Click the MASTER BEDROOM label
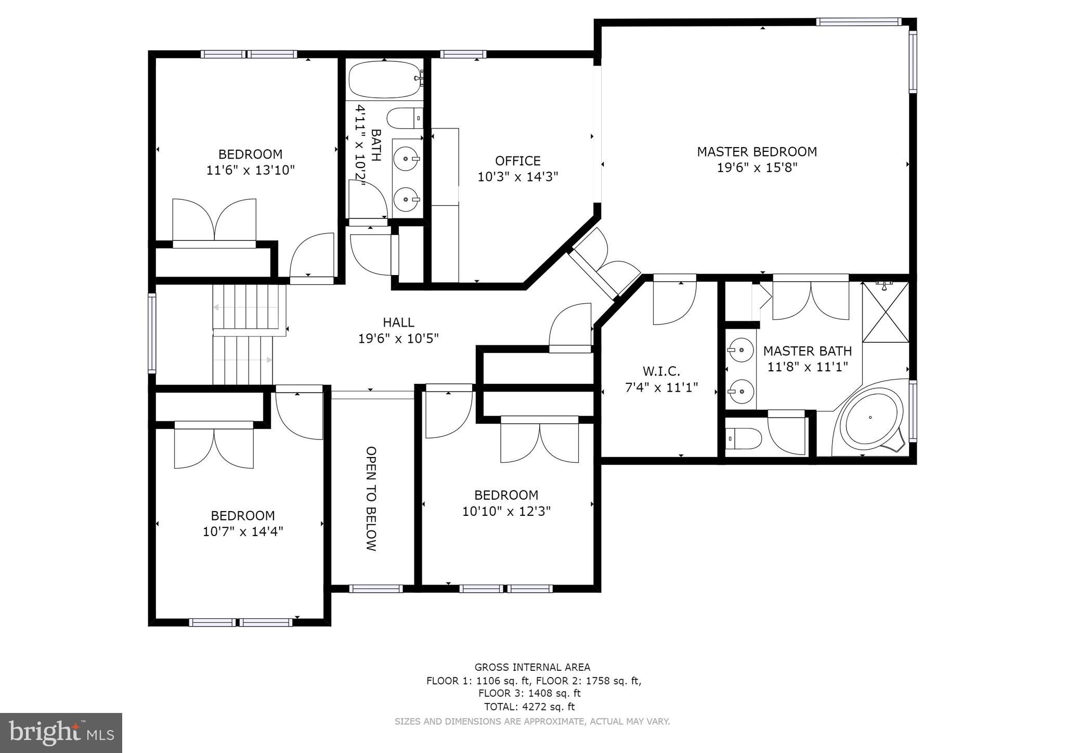coord(757,152)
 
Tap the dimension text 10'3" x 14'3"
coord(517,177)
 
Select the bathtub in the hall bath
coord(384,80)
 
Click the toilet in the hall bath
coord(405,118)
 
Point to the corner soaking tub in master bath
coord(872,418)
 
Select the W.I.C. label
coord(661,371)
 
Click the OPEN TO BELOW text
coord(371,498)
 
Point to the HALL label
coord(398,322)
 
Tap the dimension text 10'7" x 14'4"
coord(243,531)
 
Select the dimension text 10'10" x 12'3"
coord(506,511)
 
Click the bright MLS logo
coord(61,733)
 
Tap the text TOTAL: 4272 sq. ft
coord(529,707)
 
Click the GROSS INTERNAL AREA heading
coord(532,667)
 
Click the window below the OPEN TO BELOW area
coord(375,589)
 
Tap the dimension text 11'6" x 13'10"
coord(251,170)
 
